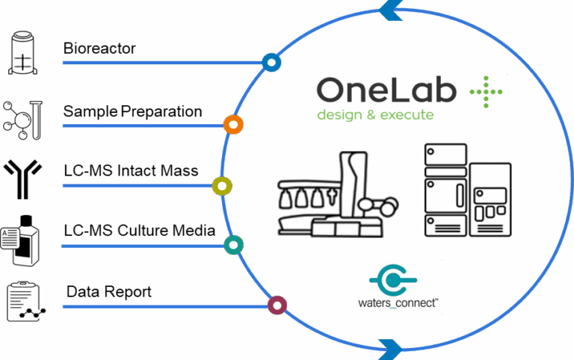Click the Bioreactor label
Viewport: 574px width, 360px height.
pyautogui.click(x=99, y=50)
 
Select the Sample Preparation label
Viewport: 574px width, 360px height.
pyautogui.click(x=132, y=112)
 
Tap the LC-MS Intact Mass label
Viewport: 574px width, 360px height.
pyautogui.click(x=131, y=172)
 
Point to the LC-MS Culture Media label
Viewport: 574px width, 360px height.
pyautogui.click(x=139, y=231)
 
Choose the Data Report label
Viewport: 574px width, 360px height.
pyautogui.click(x=109, y=292)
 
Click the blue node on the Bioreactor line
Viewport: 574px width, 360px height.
pyautogui.click(x=271, y=62)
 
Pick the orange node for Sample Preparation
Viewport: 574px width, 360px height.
pyautogui.click(x=234, y=125)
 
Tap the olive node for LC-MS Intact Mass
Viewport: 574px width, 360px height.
pyautogui.click(x=222, y=186)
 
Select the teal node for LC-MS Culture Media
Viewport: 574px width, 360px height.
pyautogui.click(x=234, y=244)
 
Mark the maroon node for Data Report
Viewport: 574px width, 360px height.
pyautogui.click(x=277, y=305)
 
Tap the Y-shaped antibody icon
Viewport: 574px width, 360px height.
pyautogui.click(x=23, y=179)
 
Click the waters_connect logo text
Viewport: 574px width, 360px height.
pyautogui.click(x=398, y=305)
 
